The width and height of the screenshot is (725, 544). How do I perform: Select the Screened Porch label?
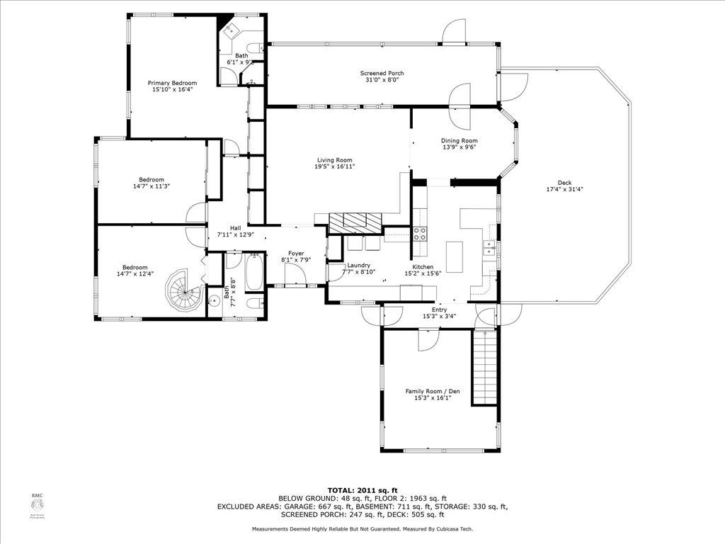[382, 73]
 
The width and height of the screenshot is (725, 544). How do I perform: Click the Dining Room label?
[459, 140]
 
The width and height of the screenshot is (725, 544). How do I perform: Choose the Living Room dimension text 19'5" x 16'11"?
[334, 166]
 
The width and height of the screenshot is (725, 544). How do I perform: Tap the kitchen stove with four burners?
[420, 234]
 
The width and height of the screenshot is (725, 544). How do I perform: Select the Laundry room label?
[359, 265]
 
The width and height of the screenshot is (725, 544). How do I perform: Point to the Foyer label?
[296, 253]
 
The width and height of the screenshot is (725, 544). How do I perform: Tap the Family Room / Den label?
[428, 391]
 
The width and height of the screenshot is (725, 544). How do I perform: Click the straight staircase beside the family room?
[485, 368]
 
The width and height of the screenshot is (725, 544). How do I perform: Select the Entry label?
[439, 310]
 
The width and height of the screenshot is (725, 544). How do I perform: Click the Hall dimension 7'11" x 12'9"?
[234, 234]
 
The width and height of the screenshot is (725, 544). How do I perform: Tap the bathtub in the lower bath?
[253, 273]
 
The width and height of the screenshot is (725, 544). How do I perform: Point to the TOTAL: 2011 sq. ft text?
[362, 490]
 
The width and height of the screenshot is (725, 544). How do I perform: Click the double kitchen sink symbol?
[489, 247]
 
